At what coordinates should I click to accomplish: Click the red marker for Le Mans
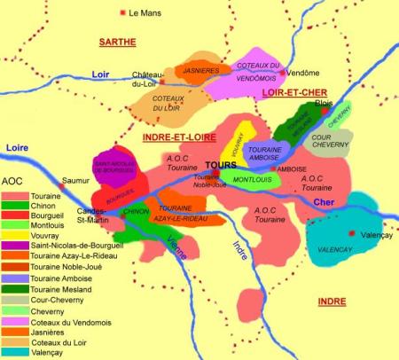coord(122,13)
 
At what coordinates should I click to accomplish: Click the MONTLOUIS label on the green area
coord(252,180)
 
